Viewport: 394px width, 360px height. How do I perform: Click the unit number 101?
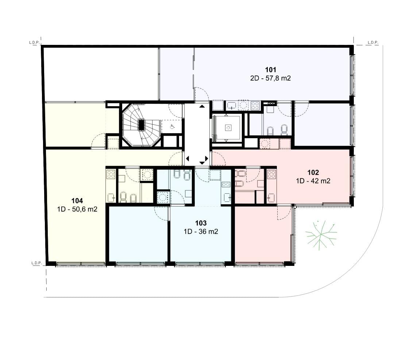tap(270, 70)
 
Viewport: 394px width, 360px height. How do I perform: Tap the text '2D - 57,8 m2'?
tap(270, 78)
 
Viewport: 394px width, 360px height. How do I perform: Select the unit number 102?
tap(313, 173)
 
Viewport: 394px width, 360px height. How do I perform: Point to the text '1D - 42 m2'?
tap(313, 181)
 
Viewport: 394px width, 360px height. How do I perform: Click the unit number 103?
tap(201, 223)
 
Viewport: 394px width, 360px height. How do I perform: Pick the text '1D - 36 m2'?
tap(201, 231)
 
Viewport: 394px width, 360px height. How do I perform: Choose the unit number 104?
tap(77, 201)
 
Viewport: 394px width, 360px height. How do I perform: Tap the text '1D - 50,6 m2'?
tap(77, 209)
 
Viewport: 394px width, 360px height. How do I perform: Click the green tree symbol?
tap(321, 235)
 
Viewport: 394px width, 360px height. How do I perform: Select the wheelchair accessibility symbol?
tap(172, 126)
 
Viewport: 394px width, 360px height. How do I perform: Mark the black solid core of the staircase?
tap(142, 125)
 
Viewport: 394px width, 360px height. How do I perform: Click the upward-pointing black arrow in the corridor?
tap(202, 106)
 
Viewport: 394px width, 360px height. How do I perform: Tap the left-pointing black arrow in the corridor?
tap(187, 159)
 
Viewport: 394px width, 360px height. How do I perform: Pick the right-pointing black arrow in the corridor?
tap(206, 159)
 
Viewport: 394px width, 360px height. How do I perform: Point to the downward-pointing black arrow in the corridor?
tap(202, 163)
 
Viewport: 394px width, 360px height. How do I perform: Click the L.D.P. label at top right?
tap(373, 42)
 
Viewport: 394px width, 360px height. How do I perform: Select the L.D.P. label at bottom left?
tap(36, 263)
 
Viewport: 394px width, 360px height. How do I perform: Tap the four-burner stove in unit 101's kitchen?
tap(255, 105)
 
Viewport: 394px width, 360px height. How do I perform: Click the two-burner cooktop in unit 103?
tap(226, 185)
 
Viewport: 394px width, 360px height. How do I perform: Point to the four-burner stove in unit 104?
tap(111, 174)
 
